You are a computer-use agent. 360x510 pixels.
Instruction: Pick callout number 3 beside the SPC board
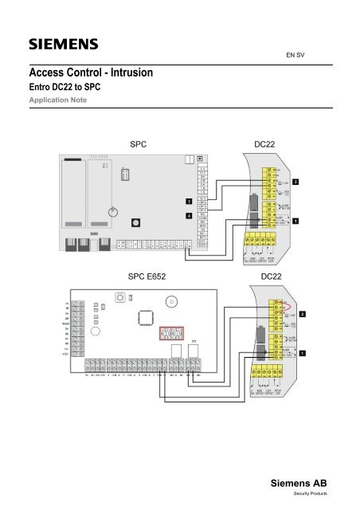(x=189, y=201)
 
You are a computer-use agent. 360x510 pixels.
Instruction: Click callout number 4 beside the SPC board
(x=189, y=215)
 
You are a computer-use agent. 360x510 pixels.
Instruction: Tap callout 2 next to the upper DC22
(x=296, y=182)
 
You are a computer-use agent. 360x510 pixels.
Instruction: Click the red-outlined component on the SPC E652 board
(x=172, y=333)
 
